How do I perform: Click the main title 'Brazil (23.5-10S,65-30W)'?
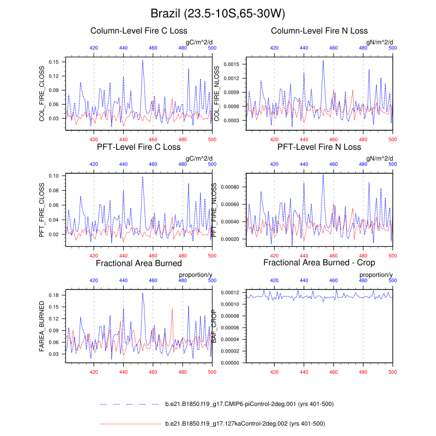(218, 13)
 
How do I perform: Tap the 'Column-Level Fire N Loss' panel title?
(319, 31)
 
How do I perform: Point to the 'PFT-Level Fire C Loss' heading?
(138, 147)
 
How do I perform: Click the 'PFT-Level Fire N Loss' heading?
(319, 147)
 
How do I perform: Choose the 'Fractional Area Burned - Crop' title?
(319, 263)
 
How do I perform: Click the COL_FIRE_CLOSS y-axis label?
(42, 92)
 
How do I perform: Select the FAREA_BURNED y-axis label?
(42, 325)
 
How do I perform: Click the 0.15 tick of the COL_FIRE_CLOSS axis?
(54, 62)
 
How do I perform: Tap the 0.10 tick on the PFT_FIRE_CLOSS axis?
(54, 176)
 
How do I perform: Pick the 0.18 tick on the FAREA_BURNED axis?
(54, 295)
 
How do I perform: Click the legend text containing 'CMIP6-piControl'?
(249, 404)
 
